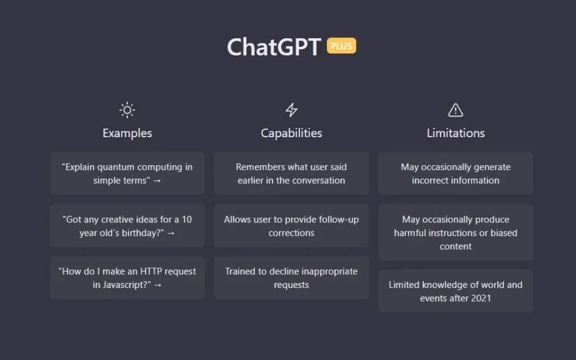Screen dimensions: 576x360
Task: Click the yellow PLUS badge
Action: coord(341,46)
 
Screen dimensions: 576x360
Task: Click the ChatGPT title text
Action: coord(274,47)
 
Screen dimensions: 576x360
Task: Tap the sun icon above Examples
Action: coord(127,110)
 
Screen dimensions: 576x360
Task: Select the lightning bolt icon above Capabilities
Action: coord(291,110)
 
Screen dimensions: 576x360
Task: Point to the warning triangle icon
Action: coord(455,110)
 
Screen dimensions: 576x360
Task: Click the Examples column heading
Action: coord(127,133)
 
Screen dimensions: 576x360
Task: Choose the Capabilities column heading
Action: coord(291,133)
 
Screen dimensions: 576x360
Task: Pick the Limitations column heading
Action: coord(455,133)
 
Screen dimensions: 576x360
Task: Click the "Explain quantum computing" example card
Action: coord(127,173)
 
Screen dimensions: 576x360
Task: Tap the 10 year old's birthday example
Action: coord(127,226)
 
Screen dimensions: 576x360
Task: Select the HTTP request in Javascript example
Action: coord(127,278)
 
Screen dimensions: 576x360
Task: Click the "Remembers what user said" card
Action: coord(291,173)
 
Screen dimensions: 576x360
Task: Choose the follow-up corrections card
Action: coord(291,226)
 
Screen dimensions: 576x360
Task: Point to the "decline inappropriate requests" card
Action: coord(291,278)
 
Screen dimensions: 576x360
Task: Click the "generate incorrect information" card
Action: coord(455,173)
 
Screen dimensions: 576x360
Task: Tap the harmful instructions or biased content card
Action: coord(455,232)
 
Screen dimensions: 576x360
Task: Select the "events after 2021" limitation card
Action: coord(455,291)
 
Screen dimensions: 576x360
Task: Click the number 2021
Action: coord(481,298)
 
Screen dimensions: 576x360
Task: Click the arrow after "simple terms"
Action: coord(157,181)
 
